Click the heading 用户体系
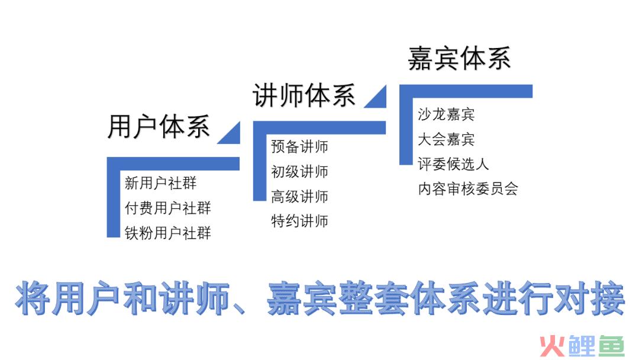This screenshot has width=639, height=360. click(159, 126)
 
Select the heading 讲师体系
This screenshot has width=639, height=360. click(304, 95)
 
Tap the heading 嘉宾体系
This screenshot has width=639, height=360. click(459, 58)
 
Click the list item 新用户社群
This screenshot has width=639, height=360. click(160, 183)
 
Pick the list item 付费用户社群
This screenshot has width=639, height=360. click(168, 208)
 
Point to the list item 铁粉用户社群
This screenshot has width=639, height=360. click(168, 233)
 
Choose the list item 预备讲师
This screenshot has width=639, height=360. click(299, 146)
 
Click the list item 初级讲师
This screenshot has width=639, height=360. click(299, 171)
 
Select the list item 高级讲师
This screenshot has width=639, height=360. click(299, 196)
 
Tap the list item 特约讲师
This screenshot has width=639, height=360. click(299, 221)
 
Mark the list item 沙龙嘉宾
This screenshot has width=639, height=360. click(446, 114)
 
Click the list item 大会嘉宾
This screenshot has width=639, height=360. click(446, 139)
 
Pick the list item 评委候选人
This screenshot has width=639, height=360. click(453, 164)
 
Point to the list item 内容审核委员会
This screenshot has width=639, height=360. click(468, 189)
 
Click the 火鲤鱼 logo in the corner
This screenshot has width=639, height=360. click(582, 346)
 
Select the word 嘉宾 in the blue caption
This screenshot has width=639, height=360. click(302, 298)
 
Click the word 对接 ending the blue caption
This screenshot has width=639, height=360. click(589, 298)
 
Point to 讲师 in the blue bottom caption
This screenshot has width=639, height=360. click(195, 298)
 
